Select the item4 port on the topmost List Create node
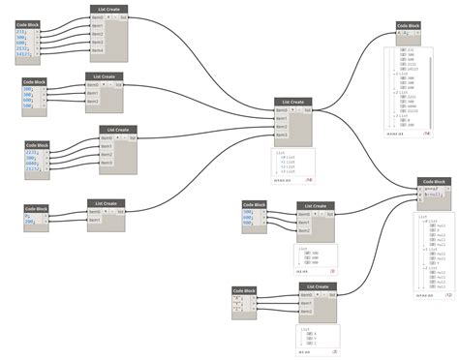(98, 49)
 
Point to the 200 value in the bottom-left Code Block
(30, 222)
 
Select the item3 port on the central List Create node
(282, 135)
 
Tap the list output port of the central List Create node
(308, 110)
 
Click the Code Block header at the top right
(409, 26)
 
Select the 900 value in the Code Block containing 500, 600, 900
(251, 223)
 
